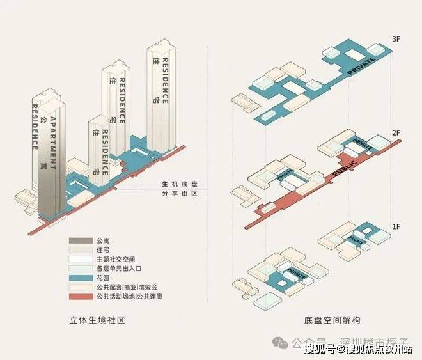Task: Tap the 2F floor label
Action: click(x=395, y=132)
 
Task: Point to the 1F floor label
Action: click(x=395, y=226)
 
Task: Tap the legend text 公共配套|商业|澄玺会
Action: click(x=127, y=288)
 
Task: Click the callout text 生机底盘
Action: click(x=181, y=182)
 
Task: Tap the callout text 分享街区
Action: click(x=181, y=192)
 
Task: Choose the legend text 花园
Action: click(x=102, y=279)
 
